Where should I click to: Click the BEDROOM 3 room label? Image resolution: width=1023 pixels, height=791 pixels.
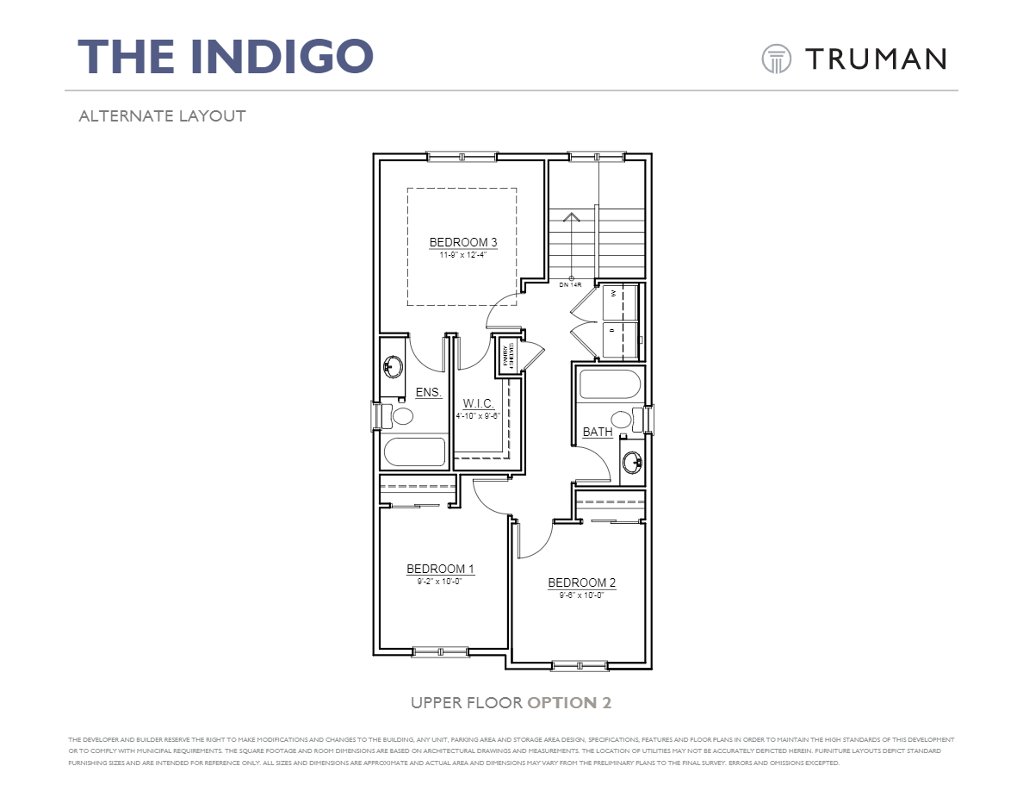463,242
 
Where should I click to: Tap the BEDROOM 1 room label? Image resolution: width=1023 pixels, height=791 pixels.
440,569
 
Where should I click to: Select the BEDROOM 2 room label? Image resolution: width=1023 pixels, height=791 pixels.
581,583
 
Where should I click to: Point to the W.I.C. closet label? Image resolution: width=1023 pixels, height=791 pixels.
478,403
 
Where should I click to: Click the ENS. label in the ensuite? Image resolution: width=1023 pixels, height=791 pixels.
428,392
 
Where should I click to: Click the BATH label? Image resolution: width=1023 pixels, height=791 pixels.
597,432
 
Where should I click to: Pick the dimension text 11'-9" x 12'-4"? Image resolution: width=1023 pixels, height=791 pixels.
463,254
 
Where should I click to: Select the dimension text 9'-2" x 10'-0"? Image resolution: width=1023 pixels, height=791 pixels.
440,581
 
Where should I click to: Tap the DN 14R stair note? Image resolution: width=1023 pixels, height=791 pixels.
570,284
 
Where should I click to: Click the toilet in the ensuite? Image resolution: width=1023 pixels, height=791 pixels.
399,417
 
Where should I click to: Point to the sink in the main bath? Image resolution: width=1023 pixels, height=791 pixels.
633,464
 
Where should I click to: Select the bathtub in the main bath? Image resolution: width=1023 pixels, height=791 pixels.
610,384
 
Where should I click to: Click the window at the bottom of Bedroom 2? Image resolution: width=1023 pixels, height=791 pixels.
579,665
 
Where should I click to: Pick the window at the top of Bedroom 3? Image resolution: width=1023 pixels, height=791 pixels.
462,156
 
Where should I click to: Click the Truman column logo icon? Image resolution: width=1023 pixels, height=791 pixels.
776,59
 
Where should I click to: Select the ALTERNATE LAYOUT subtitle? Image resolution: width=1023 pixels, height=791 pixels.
162,115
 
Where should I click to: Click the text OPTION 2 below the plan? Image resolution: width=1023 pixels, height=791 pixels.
569,702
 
